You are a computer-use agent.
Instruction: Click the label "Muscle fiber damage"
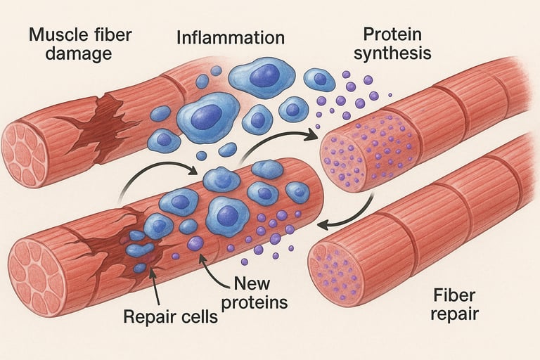(79, 44)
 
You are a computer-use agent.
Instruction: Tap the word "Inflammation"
(231, 37)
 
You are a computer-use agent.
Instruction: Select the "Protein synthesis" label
(392, 44)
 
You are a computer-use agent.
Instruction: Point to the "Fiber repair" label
(454, 304)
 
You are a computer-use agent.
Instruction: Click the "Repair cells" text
(170, 316)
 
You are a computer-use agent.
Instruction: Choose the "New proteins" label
(255, 293)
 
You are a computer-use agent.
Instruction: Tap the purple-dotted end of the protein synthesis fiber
(342, 162)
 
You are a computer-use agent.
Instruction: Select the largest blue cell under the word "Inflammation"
(208, 117)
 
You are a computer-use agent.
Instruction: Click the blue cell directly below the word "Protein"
(319, 79)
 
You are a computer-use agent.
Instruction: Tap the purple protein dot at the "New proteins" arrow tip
(195, 243)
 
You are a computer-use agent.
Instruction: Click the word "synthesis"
(392, 53)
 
